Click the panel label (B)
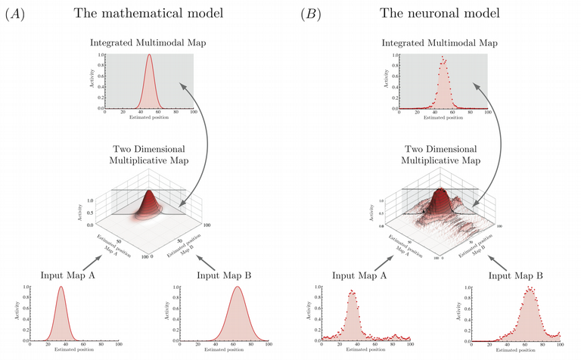coord(312,14)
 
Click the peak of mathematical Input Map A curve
coord(59,288)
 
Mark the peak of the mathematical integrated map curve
coord(150,55)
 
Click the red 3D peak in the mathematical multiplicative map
coord(148,196)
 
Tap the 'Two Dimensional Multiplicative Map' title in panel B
coord(443,155)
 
